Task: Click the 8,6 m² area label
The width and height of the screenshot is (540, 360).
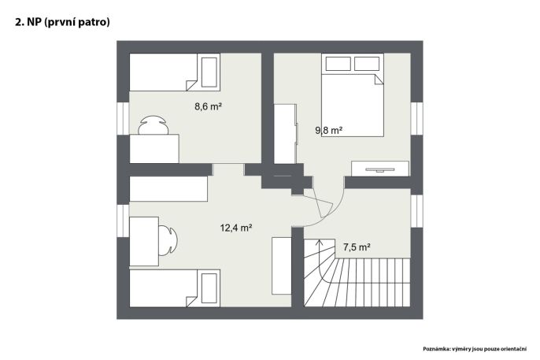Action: coord(208,106)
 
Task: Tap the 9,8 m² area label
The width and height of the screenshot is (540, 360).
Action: coord(328,130)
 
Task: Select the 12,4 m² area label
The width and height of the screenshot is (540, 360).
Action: coord(236,228)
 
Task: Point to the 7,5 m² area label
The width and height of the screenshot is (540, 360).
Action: coord(357,247)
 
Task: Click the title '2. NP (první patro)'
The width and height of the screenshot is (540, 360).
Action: coord(62,22)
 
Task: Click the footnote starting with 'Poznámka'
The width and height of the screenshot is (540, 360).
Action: coord(475,349)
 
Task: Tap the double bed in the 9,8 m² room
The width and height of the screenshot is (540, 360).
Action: coord(353,95)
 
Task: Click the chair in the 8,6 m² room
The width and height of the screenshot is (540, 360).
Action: coord(153,124)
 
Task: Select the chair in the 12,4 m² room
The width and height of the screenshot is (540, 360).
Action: coord(168,240)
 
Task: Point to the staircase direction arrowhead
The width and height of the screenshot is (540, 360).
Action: coord(320,242)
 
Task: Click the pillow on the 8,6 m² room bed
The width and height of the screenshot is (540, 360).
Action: coord(209,72)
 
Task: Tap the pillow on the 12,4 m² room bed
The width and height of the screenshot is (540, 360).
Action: coord(209,288)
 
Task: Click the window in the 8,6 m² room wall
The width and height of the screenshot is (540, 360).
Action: coord(123,118)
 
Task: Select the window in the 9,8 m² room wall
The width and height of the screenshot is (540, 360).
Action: coord(416,118)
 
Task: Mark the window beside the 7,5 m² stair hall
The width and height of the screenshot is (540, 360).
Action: coord(416,211)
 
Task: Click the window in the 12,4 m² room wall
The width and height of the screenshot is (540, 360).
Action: coord(123,221)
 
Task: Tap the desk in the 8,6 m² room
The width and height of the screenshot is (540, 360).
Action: coord(154,148)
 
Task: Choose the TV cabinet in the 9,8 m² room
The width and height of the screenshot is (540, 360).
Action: coord(380,169)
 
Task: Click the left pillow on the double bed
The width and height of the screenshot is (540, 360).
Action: coord(338,64)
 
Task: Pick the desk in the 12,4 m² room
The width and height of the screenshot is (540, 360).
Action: coord(144,241)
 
